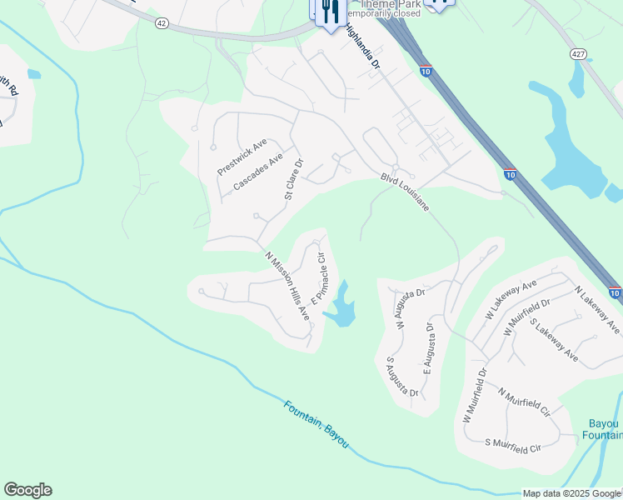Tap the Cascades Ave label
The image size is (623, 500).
(258, 172)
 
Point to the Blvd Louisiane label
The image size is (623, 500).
(405, 192)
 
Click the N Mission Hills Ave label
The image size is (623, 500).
(287, 287)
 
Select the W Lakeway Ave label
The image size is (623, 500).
(511, 298)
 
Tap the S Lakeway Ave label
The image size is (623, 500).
(553, 341)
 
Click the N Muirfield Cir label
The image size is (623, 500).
(525, 402)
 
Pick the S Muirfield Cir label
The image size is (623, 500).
(518, 445)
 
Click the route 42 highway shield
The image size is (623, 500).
(161, 24)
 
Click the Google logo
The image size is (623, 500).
(27, 490)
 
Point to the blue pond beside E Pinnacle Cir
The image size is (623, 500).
(342, 309)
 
